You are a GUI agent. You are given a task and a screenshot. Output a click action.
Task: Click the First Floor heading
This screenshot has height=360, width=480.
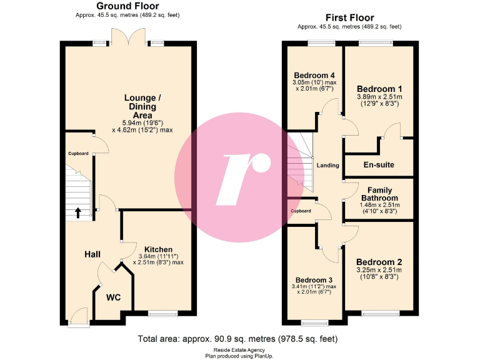tap(349, 17)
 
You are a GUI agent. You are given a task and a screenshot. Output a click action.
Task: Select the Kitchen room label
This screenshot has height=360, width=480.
tap(158, 250)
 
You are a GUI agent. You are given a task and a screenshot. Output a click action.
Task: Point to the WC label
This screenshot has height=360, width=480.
tap(113, 298)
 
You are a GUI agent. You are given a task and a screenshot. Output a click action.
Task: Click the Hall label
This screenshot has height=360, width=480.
tap(92, 254)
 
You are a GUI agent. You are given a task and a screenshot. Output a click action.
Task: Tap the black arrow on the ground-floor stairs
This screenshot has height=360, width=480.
tap(78, 212)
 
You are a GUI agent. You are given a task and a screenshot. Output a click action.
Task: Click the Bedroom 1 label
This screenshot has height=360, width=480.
tap(379, 89)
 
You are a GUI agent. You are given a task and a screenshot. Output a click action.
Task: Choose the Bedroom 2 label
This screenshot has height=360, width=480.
tap(379, 262)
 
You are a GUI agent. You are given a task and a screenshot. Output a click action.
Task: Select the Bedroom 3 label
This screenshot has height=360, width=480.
tap(314, 279)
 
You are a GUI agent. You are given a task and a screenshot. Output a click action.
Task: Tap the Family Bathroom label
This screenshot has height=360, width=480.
tap(379, 194)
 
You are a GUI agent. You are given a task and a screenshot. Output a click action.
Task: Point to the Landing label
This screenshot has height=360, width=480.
tap(327, 166)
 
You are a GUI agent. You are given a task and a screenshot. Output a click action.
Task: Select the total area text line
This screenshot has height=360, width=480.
tap(237, 339)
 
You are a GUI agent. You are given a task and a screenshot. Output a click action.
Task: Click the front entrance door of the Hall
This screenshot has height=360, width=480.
tap(79, 317)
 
